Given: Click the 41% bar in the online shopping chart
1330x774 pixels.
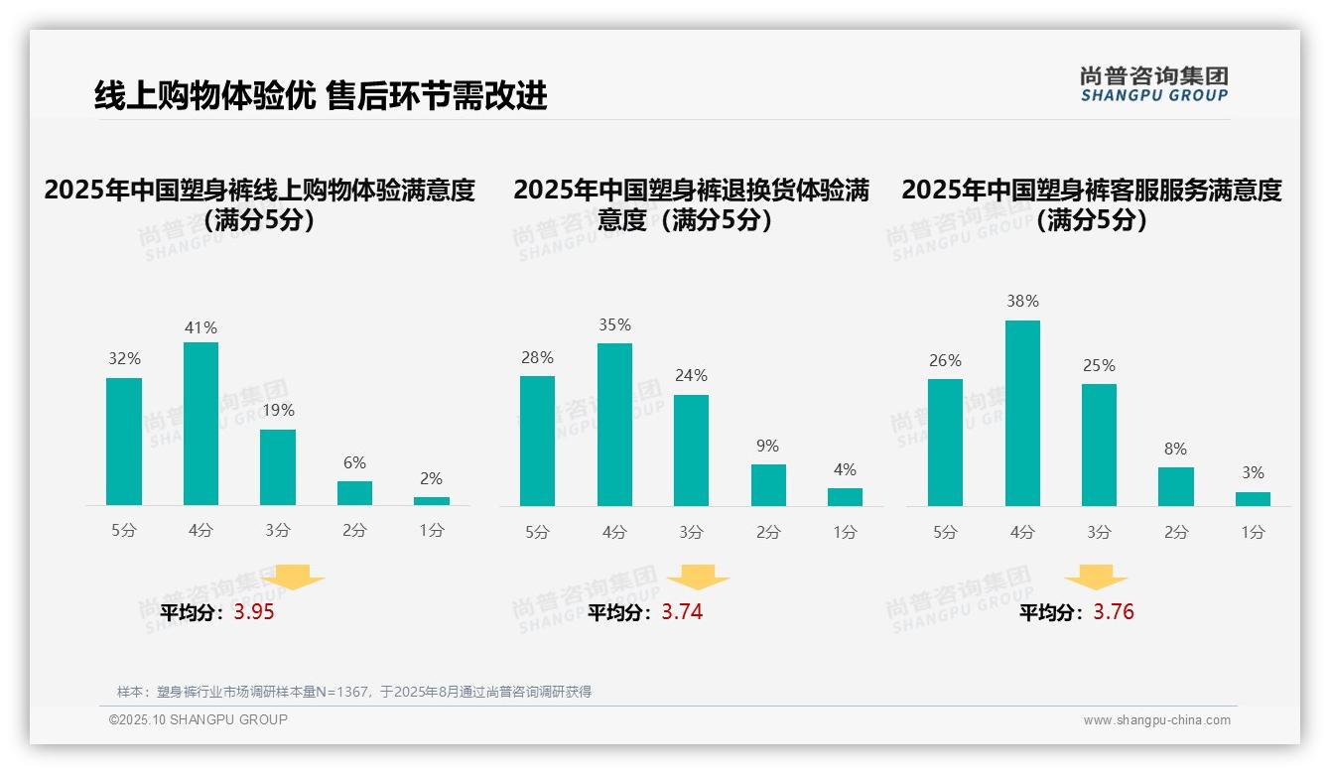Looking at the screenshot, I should [200, 424].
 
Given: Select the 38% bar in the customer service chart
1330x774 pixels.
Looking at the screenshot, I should [1022, 413].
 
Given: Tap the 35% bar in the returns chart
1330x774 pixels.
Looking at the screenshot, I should [614, 425].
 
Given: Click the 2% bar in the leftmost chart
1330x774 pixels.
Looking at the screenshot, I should [432, 501].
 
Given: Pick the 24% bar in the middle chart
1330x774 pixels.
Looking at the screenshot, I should [691, 451].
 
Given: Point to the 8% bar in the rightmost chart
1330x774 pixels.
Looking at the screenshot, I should [1176, 486].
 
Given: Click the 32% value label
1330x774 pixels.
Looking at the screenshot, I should [124, 359].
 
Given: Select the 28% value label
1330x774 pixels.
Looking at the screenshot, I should [537, 357].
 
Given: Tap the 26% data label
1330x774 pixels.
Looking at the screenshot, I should [945, 360].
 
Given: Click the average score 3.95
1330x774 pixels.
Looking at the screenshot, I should [254, 612].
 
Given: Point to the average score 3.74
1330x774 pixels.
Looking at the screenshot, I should [682, 612].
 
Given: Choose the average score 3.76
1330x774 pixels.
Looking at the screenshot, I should [1114, 612].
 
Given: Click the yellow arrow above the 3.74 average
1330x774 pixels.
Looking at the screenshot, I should [699, 577].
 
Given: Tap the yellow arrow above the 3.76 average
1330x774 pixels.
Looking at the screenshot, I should [1096, 577].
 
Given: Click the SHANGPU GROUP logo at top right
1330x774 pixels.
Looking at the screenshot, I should [1153, 83].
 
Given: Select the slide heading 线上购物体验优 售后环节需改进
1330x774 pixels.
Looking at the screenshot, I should [321, 95].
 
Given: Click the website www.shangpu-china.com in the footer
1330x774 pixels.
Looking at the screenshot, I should [1156, 720].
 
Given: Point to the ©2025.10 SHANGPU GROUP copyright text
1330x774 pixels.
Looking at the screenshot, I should [199, 719].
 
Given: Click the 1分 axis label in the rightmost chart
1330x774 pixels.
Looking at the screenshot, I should [1253, 532].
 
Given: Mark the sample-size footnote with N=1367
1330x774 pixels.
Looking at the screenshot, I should [354, 692].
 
